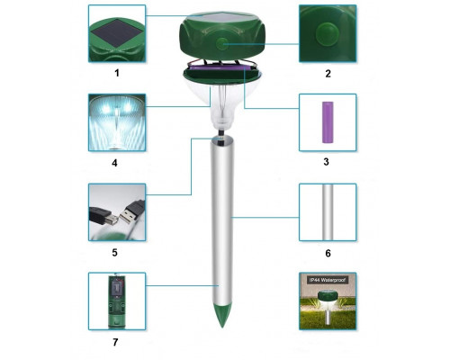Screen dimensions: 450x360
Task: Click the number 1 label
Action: (117, 73)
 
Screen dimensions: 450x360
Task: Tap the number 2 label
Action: (328, 74)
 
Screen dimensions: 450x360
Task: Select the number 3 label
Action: (327, 162)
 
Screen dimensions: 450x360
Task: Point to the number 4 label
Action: (114, 163)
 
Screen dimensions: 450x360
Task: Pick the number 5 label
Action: (114, 253)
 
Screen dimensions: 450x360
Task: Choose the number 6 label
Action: (328, 253)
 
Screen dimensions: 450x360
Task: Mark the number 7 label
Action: (115, 342)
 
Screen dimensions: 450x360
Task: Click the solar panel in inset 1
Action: (118, 32)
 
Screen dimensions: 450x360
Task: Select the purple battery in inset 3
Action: (328, 122)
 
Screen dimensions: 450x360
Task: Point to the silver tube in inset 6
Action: (328, 212)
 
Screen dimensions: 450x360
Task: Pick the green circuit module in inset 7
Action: (117, 301)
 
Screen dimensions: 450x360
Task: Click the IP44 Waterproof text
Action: (328, 280)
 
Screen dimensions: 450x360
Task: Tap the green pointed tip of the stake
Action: (222, 315)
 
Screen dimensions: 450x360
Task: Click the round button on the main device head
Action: (221, 44)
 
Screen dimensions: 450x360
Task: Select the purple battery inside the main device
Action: (220, 69)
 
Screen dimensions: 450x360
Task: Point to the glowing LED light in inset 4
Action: (117, 123)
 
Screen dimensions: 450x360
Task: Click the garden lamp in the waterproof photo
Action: (326, 307)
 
